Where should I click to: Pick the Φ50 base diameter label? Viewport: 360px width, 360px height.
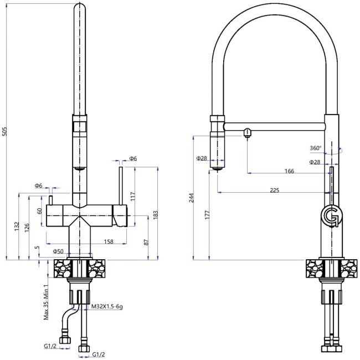[x=58, y=252]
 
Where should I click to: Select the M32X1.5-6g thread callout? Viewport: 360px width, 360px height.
[x=106, y=306]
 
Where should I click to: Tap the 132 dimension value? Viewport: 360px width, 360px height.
[x=18, y=227]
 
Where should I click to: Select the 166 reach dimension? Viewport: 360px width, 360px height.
[x=289, y=171]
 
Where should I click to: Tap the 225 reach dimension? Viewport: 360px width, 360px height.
[x=274, y=190]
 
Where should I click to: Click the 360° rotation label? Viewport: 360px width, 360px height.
[x=316, y=148]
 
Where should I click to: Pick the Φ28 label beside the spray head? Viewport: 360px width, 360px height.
[x=201, y=158]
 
